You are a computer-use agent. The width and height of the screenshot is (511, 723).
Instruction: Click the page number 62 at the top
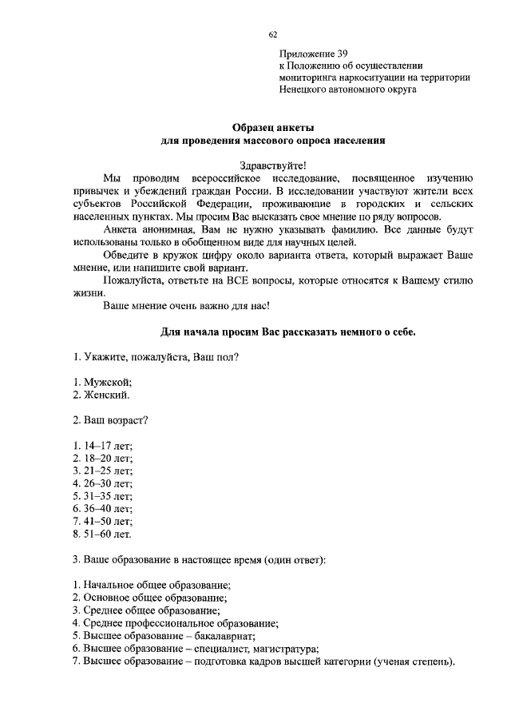(x=273, y=35)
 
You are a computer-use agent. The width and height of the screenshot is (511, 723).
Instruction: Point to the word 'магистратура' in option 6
(x=285, y=649)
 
